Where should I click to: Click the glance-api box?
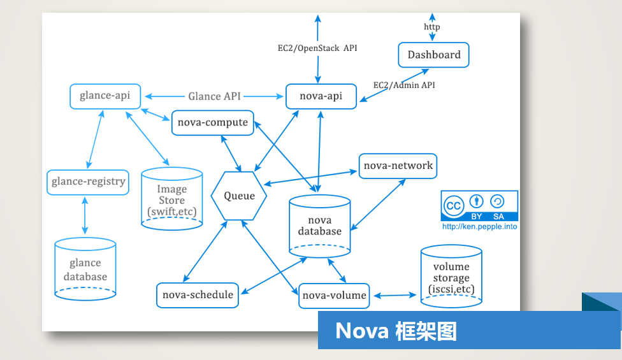click(105, 96)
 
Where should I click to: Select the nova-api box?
click(321, 96)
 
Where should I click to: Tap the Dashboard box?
click(433, 55)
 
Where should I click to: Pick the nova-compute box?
click(213, 122)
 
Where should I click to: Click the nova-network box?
click(398, 166)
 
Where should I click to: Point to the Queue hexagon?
click(239, 196)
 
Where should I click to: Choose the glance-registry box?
click(89, 182)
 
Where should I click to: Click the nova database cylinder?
click(319, 226)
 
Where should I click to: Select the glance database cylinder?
click(85, 269)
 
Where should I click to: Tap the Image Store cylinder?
click(172, 199)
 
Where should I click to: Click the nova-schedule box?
click(198, 295)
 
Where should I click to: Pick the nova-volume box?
click(334, 296)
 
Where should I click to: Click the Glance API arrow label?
click(214, 96)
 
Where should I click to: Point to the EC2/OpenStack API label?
click(316, 48)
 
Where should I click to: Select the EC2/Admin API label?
click(404, 85)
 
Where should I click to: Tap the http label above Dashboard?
click(431, 27)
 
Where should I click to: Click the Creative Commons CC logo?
click(454, 206)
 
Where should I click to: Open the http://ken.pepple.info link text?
click(479, 226)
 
